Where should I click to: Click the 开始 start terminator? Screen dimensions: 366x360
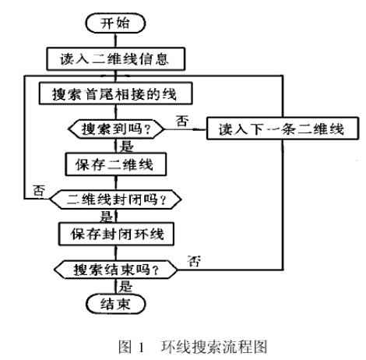point(115,23)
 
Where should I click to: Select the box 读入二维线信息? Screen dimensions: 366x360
point(115,58)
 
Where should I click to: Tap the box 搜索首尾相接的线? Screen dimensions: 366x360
point(115,94)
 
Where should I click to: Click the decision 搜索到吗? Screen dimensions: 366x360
point(116,129)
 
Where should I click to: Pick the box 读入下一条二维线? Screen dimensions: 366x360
point(283,129)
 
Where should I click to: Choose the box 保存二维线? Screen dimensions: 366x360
point(115,164)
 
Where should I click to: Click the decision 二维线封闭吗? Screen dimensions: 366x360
point(115,199)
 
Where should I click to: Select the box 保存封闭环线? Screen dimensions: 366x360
point(116,234)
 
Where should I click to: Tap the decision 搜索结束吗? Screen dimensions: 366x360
point(116,270)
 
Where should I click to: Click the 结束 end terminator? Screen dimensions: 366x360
point(115,304)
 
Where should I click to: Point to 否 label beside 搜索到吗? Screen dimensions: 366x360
point(182,121)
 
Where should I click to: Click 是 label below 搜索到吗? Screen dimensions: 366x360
point(126,146)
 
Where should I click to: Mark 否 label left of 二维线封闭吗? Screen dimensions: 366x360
point(39,191)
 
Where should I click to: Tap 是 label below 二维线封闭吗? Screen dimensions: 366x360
point(107,216)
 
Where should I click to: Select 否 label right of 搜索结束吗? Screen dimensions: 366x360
point(194,261)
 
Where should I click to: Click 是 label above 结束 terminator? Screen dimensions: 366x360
point(126,286)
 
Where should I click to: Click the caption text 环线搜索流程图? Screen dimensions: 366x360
point(214,347)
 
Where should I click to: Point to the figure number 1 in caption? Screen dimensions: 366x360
point(142,348)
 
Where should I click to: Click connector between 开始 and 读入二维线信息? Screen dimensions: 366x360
point(115,41)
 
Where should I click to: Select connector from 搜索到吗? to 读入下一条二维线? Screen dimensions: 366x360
point(185,129)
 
